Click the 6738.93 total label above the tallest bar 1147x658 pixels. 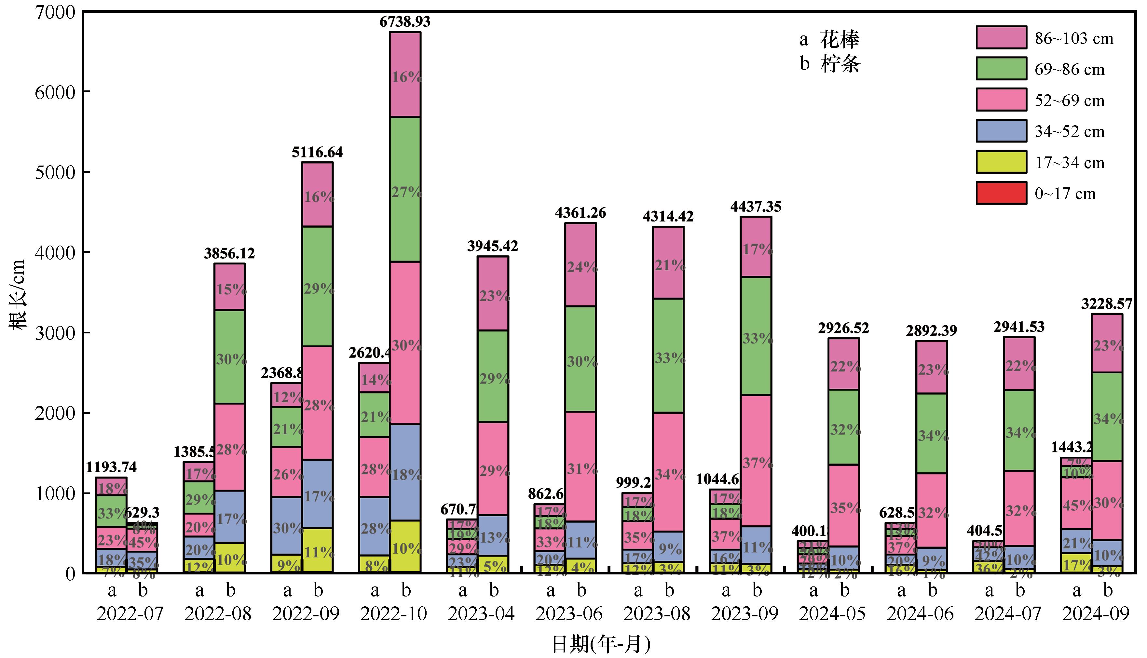pyautogui.click(x=405, y=22)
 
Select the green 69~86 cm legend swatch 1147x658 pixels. pyautogui.click(x=1001, y=69)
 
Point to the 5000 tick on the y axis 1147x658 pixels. pyautogui.click(x=55, y=172)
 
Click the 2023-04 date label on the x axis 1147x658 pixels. pyautogui.click(x=481, y=614)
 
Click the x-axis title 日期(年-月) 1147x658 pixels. pyautogui.click(x=601, y=644)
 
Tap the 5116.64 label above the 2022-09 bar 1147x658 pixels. pyautogui.click(x=317, y=152)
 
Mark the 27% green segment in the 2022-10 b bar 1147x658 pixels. pyautogui.click(x=405, y=190)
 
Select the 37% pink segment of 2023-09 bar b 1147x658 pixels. pyautogui.click(x=757, y=461)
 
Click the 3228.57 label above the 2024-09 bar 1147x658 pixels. pyautogui.click(x=1107, y=304)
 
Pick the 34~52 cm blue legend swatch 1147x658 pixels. pyautogui.click(x=1001, y=131)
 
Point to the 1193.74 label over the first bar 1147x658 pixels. pyautogui.click(x=111, y=467)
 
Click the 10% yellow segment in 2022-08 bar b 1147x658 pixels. pyautogui.click(x=230, y=558)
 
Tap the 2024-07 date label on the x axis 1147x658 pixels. pyautogui.click(x=1008, y=614)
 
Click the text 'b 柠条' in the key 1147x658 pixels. pyautogui.click(x=830, y=64)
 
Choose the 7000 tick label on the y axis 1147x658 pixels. pyautogui.click(x=55, y=12)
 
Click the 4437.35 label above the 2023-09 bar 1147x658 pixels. pyautogui.click(x=756, y=207)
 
